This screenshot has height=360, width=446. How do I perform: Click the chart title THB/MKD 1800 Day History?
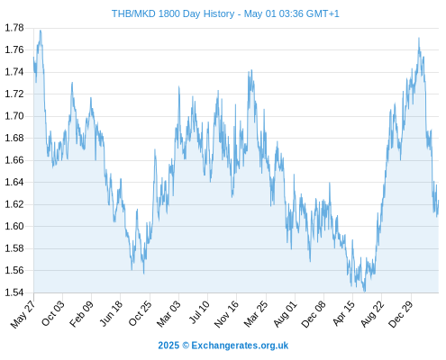click(x=173, y=13)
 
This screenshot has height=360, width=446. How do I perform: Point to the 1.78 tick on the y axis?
click(x=14, y=28)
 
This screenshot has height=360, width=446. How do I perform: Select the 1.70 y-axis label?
click(x=14, y=116)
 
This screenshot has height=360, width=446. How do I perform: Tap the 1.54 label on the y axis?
click(x=14, y=292)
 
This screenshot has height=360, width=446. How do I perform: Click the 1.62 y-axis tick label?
click(x=14, y=204)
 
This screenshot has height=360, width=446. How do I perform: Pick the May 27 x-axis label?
click(x=23, y=314)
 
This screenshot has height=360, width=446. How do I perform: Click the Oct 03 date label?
click(x=53, y=313)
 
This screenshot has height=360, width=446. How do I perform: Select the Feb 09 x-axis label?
click(x=82, y=314)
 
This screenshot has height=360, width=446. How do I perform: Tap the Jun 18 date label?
click(x=111, y=313)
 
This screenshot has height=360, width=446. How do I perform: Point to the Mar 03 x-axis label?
click(x=169, y=313)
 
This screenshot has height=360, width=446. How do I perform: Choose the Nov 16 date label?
click(x=227, y=314)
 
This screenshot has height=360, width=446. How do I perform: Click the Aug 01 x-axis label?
click(x=286, y=314)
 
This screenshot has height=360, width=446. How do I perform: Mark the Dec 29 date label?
click(x=401, y=314)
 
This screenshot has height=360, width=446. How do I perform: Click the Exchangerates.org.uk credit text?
click(x=240, y=346)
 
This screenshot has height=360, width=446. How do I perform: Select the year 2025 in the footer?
click(x=168, y=346)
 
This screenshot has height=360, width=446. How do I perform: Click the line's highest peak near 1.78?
click(x=41, y=31)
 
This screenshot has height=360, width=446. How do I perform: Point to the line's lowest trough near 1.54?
click(x=365, y=292)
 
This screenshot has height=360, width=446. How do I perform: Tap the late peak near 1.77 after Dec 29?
click(x=419, y=38)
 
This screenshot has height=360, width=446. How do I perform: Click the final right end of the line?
click(x=439, y=201)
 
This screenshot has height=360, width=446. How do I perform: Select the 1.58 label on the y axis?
click(x=14, y=248)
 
